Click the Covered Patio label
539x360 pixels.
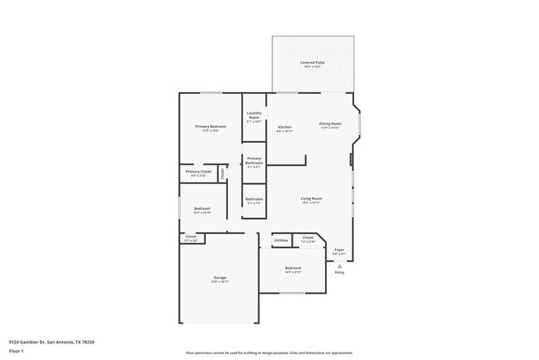click(x=313, y=63)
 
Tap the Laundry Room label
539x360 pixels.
click(x=254, y=115)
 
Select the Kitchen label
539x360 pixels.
click(x=284, y=127)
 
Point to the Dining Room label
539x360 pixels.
click(x=330, y=124)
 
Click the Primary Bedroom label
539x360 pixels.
click(x=211, y=127)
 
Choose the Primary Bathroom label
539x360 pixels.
click(x=254, y=160)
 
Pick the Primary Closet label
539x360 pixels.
click(x=198, y=172)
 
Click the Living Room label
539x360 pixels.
click(x=311, y=199)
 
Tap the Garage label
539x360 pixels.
click(x=220, y=278)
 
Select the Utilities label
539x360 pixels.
click(x=281, y=241)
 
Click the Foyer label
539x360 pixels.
click(x=339, y=250)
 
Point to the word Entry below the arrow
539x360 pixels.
click(x=339, y=272)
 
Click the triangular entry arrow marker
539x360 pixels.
click(x=339, y=265)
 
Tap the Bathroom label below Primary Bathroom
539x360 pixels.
click(x=254, y=199)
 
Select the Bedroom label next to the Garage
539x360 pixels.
click(x=294, y=269)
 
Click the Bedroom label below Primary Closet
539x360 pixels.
click(x=202, y=209)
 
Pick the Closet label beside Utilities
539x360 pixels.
click(x=308, y=238)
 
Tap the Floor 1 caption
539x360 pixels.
click(x=16, y=351)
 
